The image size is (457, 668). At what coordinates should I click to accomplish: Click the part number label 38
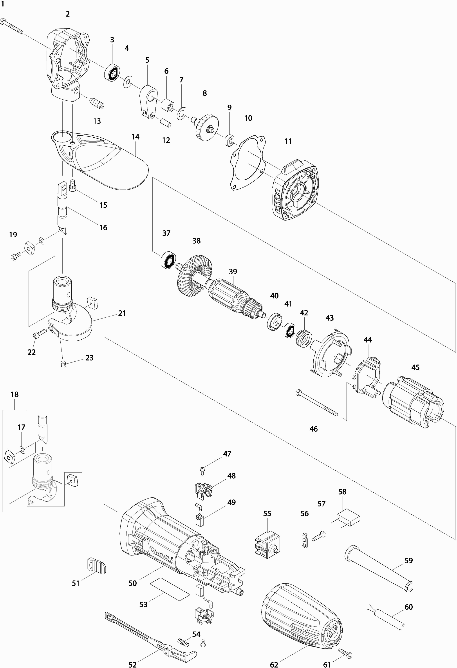[x=197, y=241]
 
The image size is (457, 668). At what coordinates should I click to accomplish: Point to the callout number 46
[x=313, y=429]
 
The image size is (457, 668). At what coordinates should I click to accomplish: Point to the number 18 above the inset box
[x=15, y=394]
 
